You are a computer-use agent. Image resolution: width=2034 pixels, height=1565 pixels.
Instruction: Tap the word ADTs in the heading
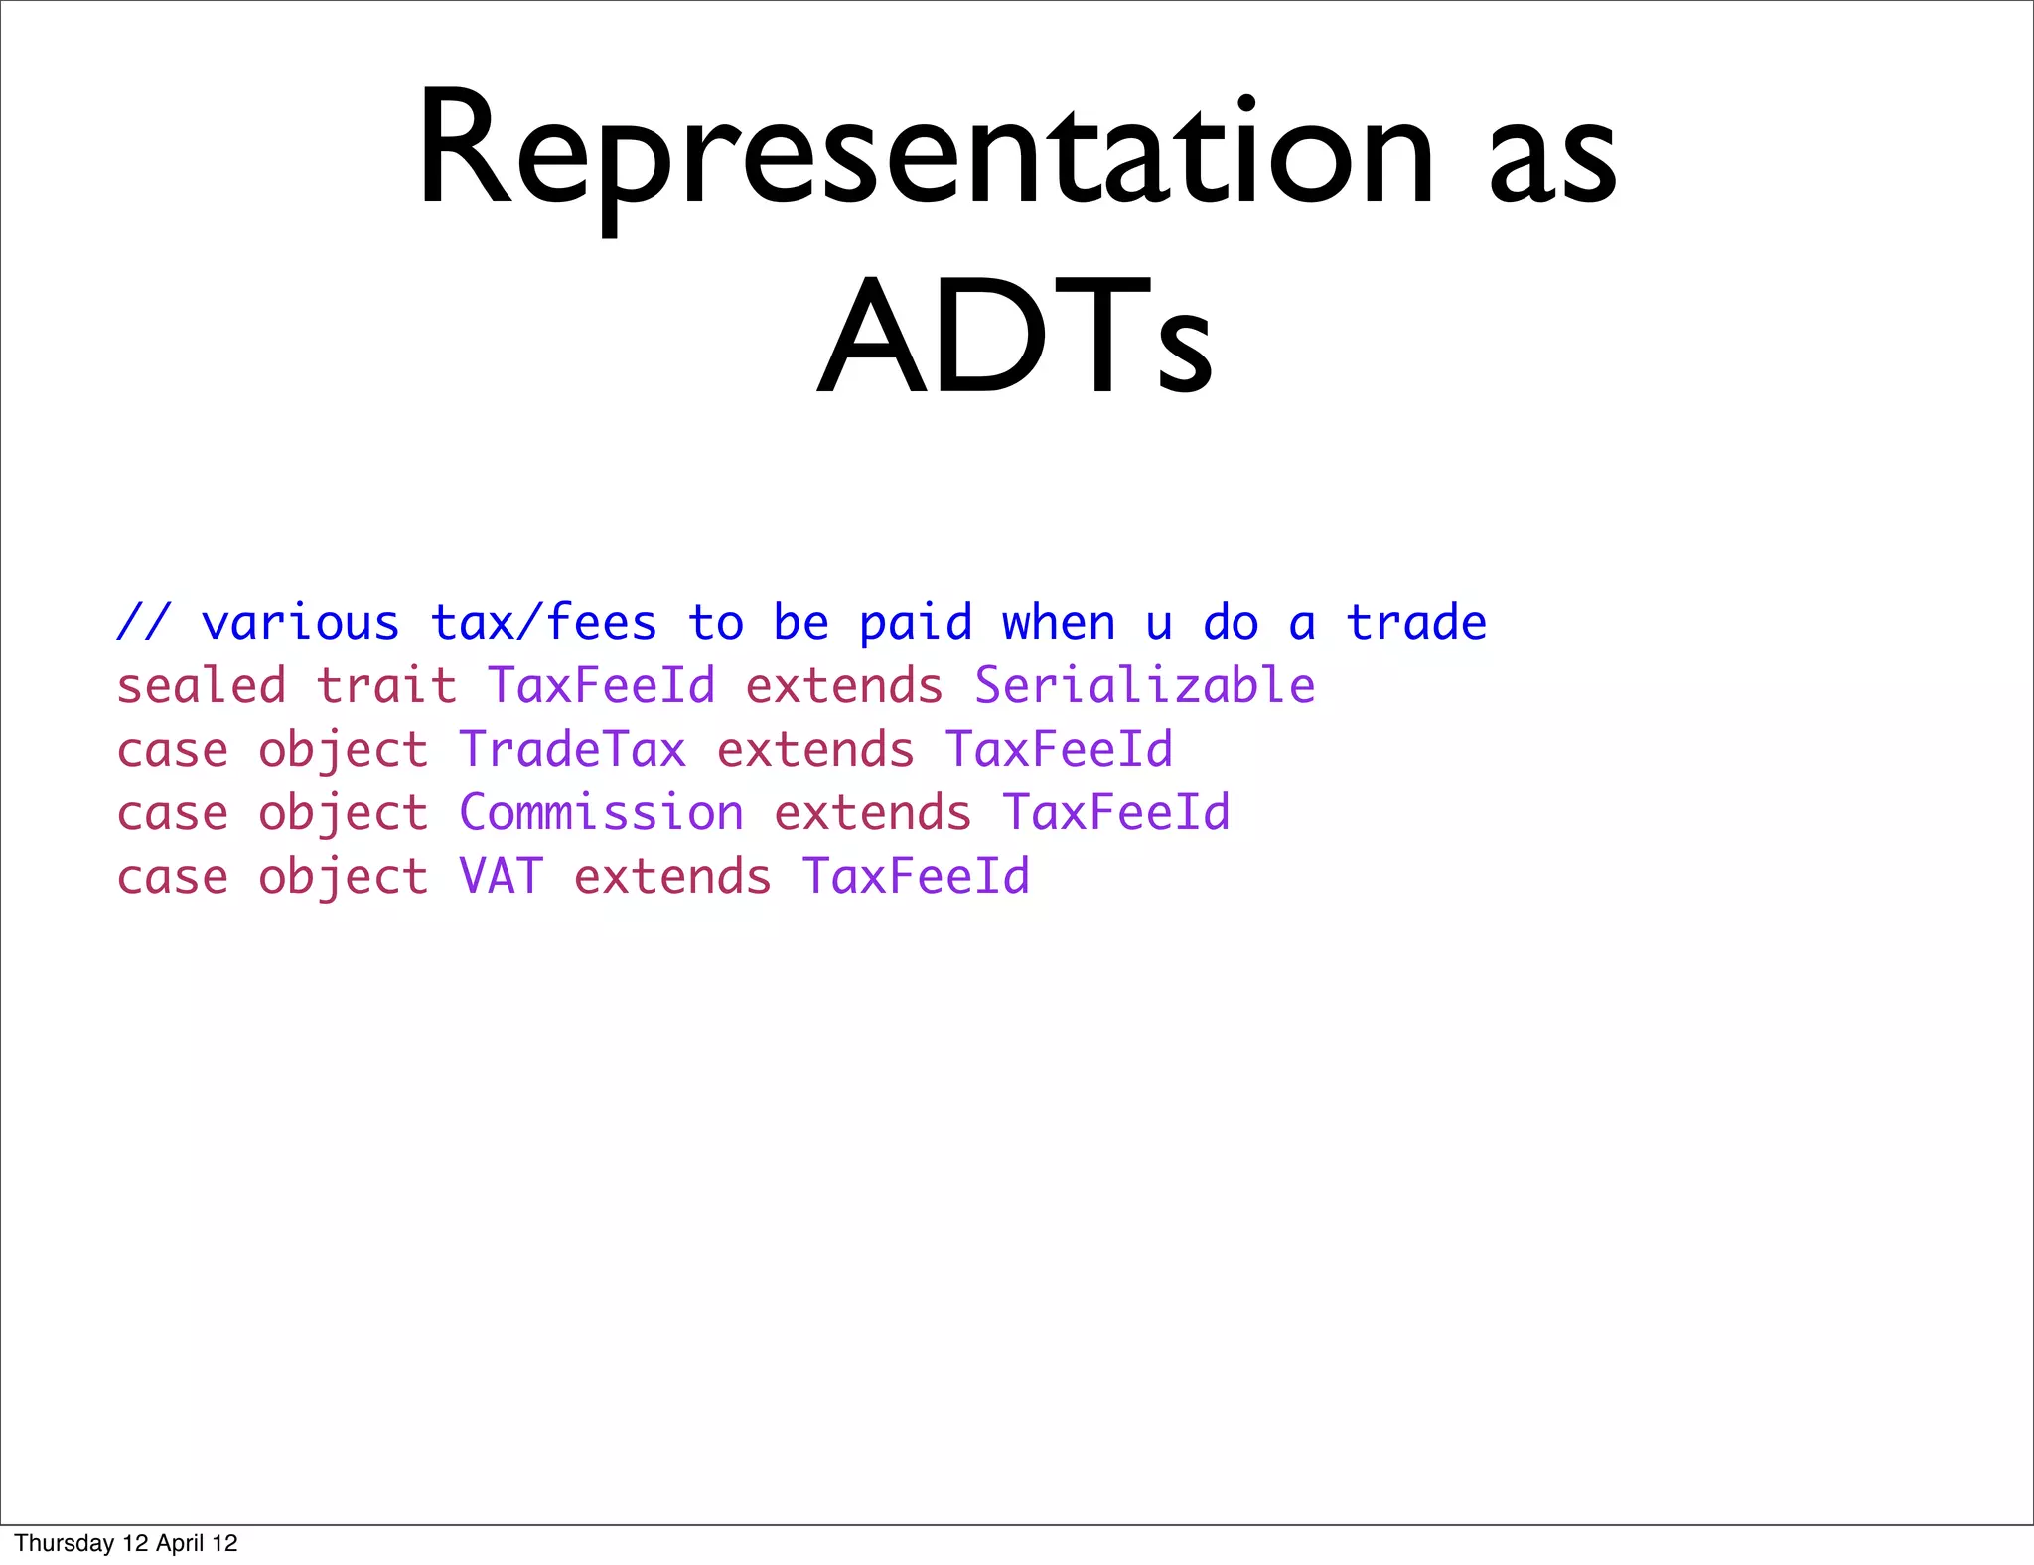pos(1014,336)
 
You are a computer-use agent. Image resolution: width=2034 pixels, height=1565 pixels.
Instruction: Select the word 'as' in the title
pos(1551,159)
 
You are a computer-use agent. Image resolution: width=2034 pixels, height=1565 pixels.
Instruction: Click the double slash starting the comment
pos(144,623)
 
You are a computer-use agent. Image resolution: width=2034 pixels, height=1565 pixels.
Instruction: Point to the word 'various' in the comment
pos(300,623)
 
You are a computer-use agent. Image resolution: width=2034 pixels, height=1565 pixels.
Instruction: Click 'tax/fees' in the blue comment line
pos(543,623)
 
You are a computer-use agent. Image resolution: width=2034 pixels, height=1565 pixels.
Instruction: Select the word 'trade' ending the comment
pos(1415,623)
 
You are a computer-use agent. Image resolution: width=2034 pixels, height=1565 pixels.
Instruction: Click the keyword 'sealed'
pos(202,686)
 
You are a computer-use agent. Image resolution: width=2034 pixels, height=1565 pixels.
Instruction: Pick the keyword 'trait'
pos(386,686)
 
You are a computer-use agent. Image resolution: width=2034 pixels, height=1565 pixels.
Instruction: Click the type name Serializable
pos(1144,686)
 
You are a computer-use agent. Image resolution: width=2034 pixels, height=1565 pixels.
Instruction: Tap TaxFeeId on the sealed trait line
pos(601,686)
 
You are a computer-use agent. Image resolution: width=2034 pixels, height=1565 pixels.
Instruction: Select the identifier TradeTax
pos(572,750)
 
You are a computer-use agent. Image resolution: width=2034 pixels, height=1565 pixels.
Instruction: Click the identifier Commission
pos(601,813)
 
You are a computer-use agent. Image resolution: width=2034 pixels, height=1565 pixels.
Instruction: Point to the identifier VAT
pos(501,877)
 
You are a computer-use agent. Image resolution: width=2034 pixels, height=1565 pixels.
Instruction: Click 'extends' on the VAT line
pos(672,877)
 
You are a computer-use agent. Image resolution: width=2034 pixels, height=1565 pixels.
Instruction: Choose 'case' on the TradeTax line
pos(173,751)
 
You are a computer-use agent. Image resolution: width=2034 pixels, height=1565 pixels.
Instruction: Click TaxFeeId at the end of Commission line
pos(1115,813)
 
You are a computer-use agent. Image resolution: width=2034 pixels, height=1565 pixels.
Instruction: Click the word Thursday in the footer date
pos(65,1543)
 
